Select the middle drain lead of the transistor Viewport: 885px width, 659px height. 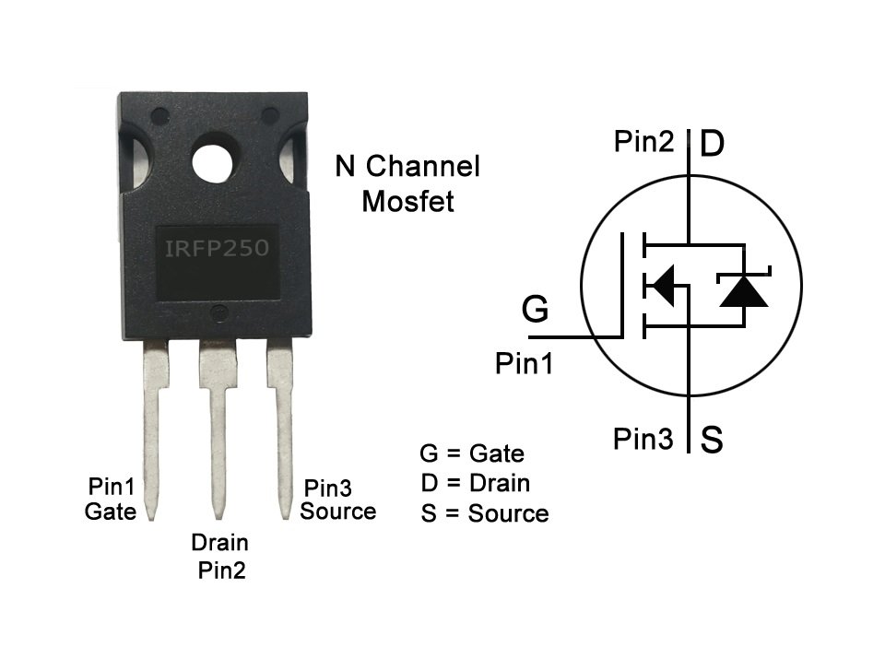(x=218, y=433)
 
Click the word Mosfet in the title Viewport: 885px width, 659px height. (x=407, y=201)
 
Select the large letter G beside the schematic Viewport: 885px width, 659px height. (x=535, y=310)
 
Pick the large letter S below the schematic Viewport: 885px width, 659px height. (x=712, y=440)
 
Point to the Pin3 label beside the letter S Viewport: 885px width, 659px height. (x=643, y=440)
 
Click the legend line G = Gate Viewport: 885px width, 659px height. (x=471, y=453)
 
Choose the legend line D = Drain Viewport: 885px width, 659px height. (x=475, y=483)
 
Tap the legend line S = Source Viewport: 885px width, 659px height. (x=484, y=513)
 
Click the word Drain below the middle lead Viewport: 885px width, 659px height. (x=219, y=543)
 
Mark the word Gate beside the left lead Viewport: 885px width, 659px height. (x=110, y=511)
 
